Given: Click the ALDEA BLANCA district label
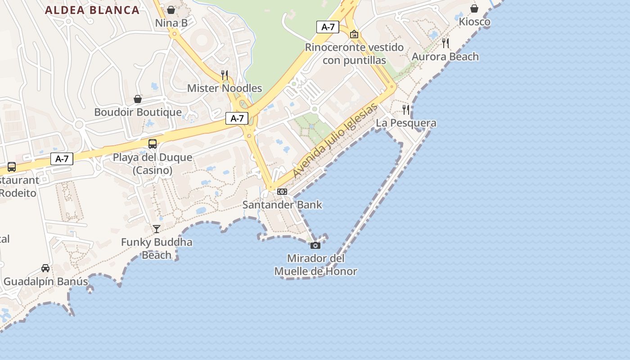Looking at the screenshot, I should coord(92,10).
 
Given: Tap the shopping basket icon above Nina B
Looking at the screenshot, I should coord(171,9).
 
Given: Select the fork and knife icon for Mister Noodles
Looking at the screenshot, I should coord(225,75).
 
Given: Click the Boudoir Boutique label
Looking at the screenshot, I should coord(138,112).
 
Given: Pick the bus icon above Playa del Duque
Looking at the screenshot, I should coord(153,144).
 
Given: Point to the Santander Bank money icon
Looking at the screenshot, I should coord(282,192).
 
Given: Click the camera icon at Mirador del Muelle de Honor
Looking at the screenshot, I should coord(315,245).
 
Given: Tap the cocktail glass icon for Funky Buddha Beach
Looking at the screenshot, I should coord(156,229).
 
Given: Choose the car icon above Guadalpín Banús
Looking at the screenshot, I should coord(45,268).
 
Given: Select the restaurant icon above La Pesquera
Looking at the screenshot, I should coord(406,109).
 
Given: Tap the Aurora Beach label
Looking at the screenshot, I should coord(445,57).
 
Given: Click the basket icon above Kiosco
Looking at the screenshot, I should coord(474,9).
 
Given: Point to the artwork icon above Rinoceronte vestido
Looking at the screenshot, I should coord(354,34).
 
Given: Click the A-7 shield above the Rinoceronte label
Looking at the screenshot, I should coord(328,27).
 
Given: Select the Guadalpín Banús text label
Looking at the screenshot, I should coord(45,282).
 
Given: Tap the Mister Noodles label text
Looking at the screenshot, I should coord(225,88).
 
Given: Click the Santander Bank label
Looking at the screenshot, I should coord(282,205).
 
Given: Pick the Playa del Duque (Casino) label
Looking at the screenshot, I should coord(153,164).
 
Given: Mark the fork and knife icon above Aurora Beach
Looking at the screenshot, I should coord(445,43).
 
